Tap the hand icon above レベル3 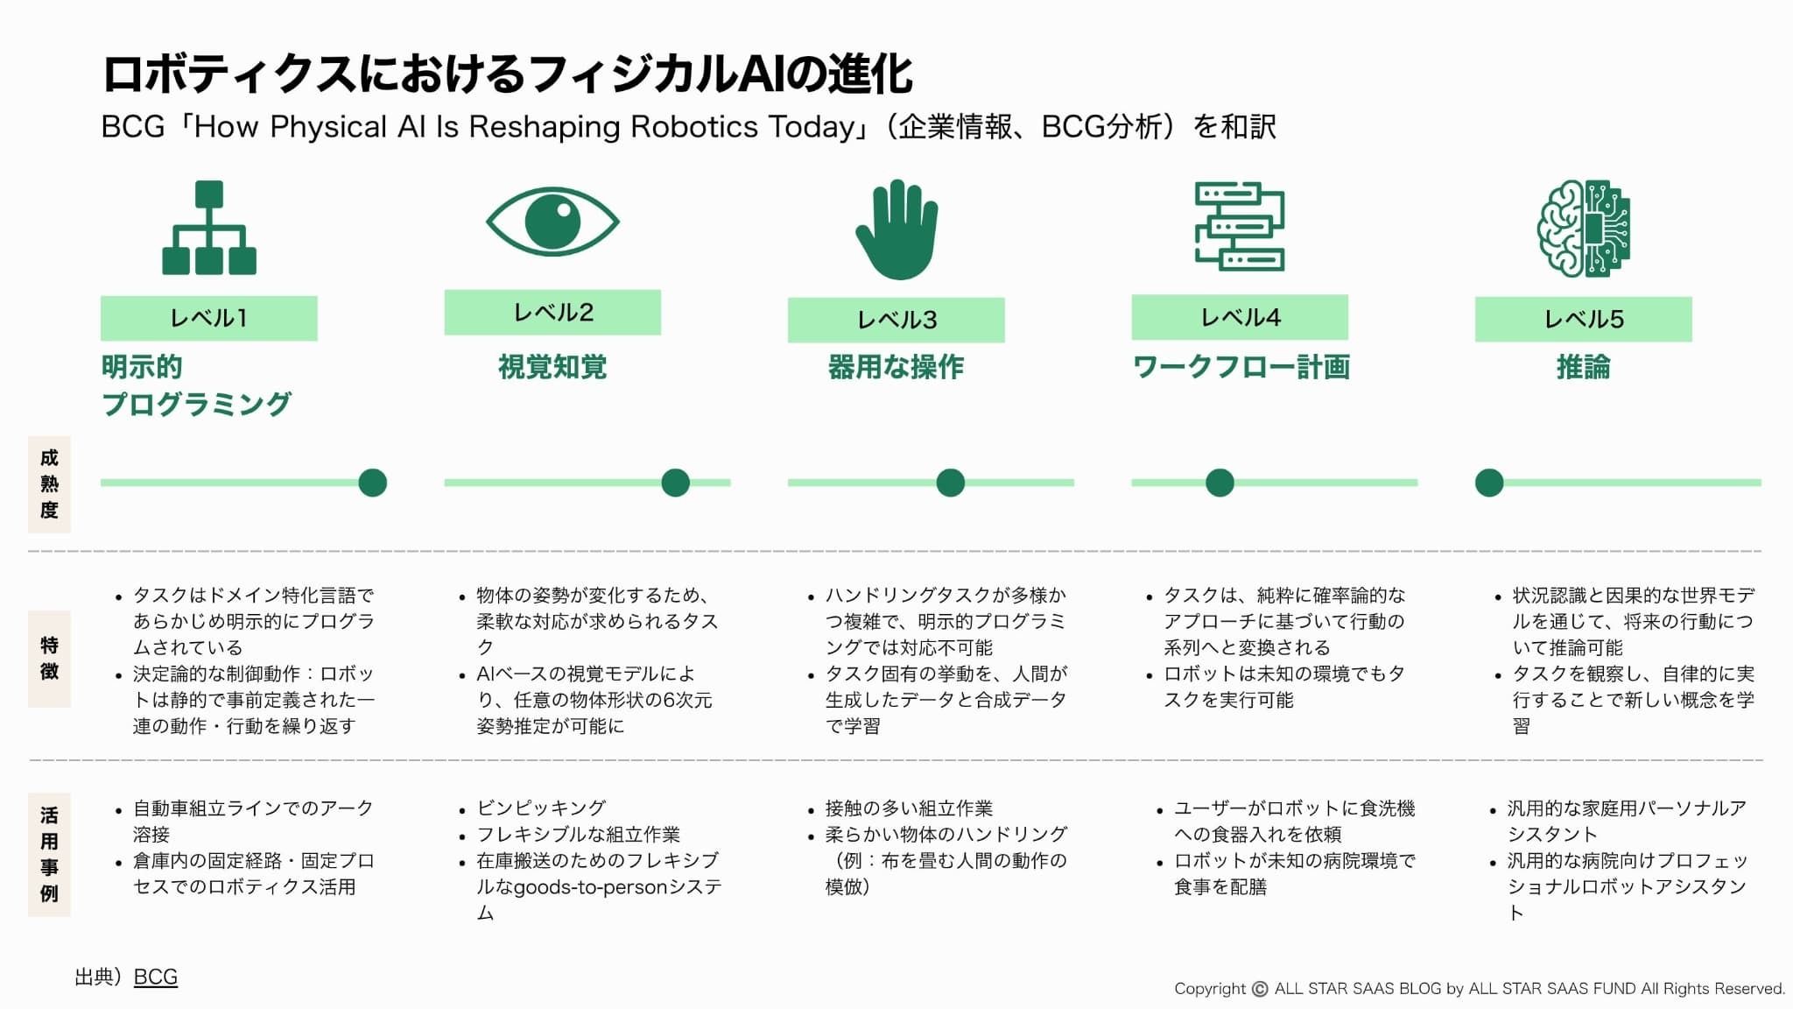click(x=896, y=229)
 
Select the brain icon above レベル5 click(x=1584, y=229)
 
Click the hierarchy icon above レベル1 click(x=209, y=228)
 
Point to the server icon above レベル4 click(x=1240, y=226)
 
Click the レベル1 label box click(x=209, y=318)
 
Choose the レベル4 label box click(x=1240, y=317)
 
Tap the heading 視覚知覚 click(x=552, y=367)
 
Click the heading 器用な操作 click(x=896, y=367)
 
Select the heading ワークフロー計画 click(x=1241, y=367)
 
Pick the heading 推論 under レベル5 click(x=1583, y=367)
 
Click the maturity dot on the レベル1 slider click(x=373, y=483)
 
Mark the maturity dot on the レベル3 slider click(x=950, y=483)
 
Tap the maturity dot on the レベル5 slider click(x=1489, y=483)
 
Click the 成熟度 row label click(x=49, y=484)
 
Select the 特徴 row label click(x=49, y=659)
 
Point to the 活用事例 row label click(x=49, y=855)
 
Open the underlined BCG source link click(x=156, y=977)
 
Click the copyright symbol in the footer click(x=1260, y=989)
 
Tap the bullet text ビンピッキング click(x=541, y=808)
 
